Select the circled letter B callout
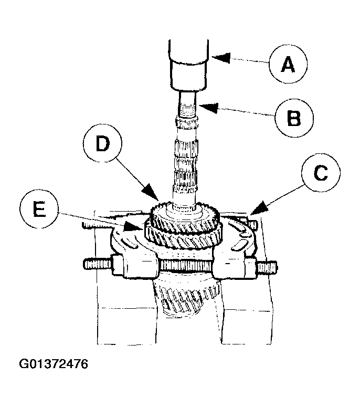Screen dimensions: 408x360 tap(293, 117)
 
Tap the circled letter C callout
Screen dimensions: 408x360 tap(317, 173)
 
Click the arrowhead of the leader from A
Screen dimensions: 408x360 tap(216, 56)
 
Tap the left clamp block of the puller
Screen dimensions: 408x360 tap(137, 265)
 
